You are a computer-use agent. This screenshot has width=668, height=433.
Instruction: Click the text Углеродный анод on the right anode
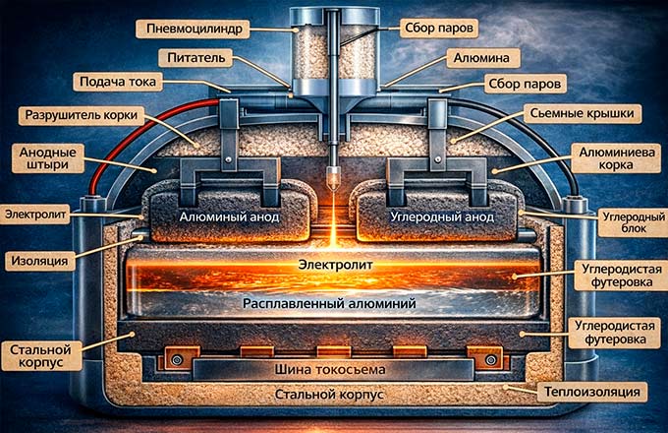442,215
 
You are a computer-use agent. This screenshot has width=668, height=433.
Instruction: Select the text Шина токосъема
334,369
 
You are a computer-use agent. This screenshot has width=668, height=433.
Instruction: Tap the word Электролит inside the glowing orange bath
334,265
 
